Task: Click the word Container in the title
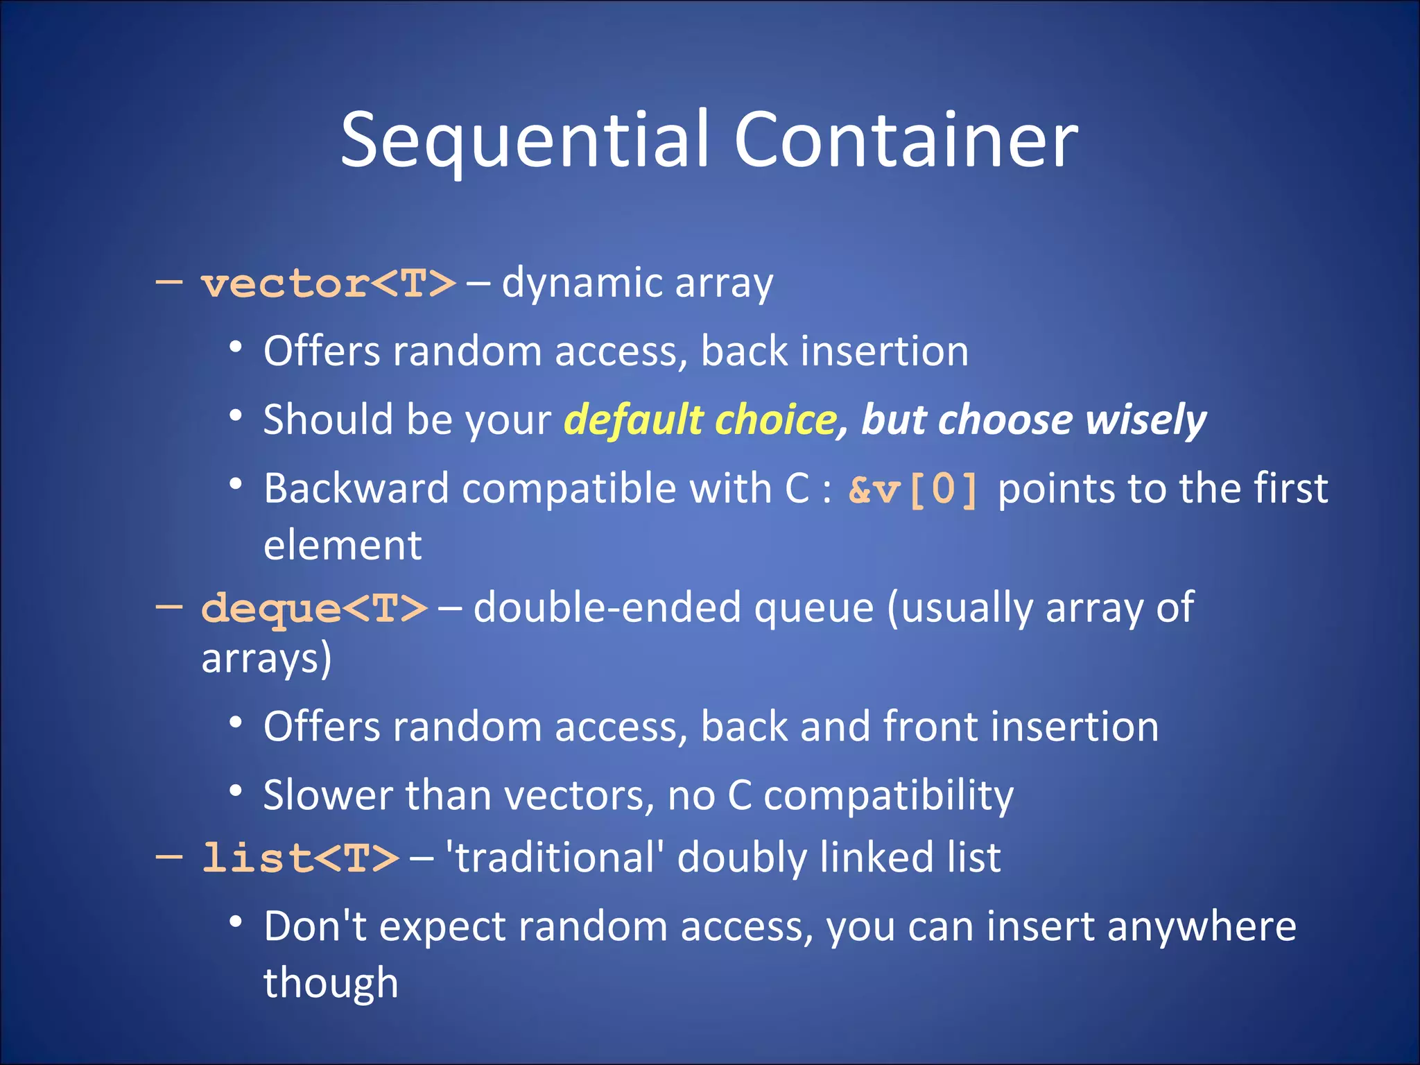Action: click(906, 141)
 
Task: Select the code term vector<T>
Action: click(329, 284)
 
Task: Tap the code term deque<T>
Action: click(315, 609)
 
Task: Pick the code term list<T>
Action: click(300, 858)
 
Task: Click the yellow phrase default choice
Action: click(701, 420)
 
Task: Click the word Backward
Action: click(356, 488)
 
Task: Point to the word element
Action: click(343, 545)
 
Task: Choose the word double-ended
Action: click(607, 608)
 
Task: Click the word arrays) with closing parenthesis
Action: click(266, 659)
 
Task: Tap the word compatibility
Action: click(888, 796)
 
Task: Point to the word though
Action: click(331, 983)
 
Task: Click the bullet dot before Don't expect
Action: click(236, 921)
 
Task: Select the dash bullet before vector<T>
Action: click(169, 282)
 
